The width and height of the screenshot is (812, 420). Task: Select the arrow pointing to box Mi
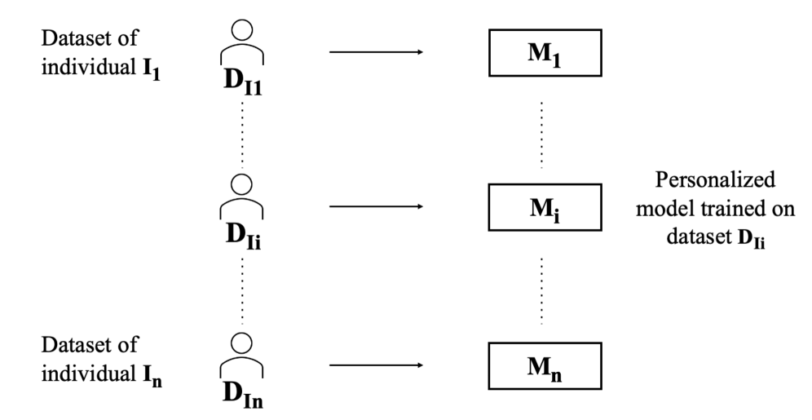(x=375, y=206)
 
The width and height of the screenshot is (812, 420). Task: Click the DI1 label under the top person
(x=243, y=86)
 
